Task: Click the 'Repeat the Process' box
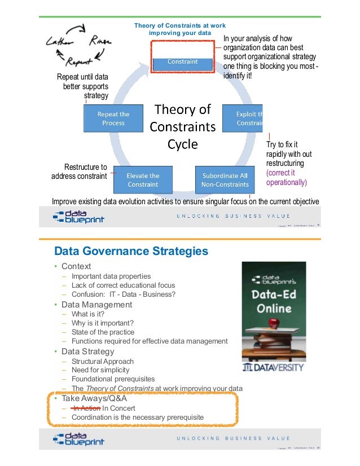pos(113,118)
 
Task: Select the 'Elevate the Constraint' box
pos(143,179)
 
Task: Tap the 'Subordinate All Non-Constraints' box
pos(225,179)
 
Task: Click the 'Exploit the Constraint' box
pos(248,118)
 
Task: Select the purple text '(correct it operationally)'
pos(287,178)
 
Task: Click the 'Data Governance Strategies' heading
pos(130,250)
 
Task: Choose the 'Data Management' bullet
pos(96,305)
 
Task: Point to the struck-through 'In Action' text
pos(86,408)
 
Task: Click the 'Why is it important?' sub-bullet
pos(103,323)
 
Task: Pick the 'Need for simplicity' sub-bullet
pos(100,370)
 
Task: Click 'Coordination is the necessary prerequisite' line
pos(137,417)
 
